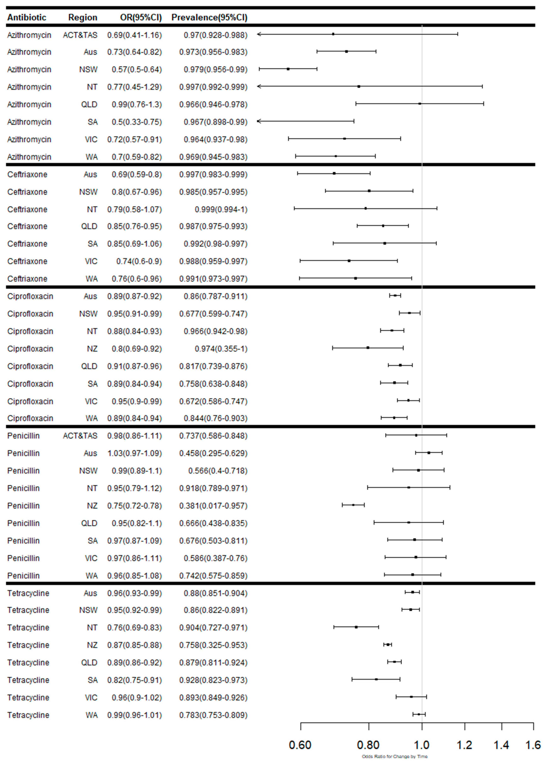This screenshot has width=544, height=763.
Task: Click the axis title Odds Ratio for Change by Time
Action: coord(395,756)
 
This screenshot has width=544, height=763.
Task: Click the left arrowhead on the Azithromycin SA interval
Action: coord(258,121)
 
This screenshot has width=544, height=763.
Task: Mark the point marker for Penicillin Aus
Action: coord(429,453)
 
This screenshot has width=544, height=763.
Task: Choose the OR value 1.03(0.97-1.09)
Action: coord(134,453)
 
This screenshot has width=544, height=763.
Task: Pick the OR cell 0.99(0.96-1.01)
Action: coord(134,715)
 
